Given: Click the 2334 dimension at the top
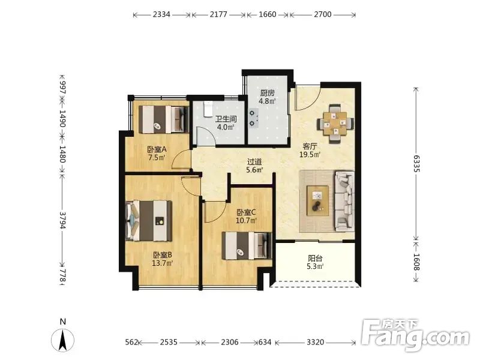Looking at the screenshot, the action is point(161,14).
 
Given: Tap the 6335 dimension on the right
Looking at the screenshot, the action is point(416,163).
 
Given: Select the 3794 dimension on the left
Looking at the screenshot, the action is point(62,220).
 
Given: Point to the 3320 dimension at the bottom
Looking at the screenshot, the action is point(316,342).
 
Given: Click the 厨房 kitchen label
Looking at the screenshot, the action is point(267,93).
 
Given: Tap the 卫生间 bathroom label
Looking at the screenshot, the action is point(226,119).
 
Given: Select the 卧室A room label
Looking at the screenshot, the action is point(157,149).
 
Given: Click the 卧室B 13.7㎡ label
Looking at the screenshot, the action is point(163,259).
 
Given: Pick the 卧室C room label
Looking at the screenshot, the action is point(246,212).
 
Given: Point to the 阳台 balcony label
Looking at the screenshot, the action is point(316,258).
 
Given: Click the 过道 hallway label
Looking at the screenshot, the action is point(254,162).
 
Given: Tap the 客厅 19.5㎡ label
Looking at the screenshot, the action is point(310,151).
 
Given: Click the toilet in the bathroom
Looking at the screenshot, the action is point(208,109).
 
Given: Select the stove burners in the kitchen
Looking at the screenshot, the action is point(253,118).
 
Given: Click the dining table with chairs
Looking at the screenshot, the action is point(335,124).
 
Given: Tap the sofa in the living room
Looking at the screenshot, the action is point(344,201).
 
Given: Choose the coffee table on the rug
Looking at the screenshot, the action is point(317,201).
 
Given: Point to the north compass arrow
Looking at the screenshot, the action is point(63,340).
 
